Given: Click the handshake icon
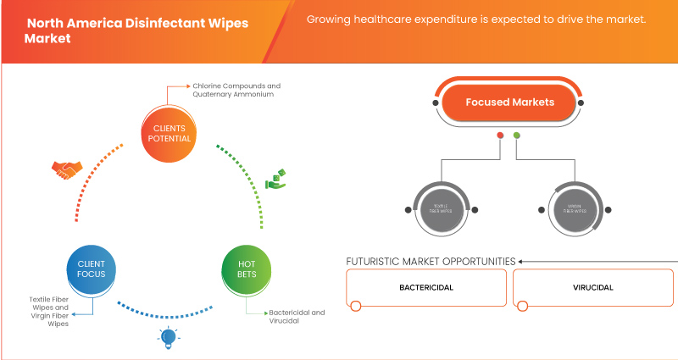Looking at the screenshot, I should point(65,170).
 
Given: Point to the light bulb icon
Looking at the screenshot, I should point(166,338).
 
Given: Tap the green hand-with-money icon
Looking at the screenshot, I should point(275,179).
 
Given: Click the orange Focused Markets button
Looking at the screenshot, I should point(509,102).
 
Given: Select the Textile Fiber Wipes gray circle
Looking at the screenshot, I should point(439,208).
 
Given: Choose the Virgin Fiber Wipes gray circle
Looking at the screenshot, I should point(559,208).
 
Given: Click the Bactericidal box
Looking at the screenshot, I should point(426,288).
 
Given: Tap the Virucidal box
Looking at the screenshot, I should point(592,288).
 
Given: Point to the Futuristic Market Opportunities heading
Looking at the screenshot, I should point(431,261).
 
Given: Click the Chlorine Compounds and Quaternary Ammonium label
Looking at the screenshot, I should point(236,91).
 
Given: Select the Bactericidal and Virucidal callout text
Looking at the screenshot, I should point(296,317).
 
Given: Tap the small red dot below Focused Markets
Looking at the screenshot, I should point(501,136).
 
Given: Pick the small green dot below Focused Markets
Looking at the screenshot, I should point(517,136).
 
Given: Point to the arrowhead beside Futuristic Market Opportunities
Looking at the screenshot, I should point(522,261).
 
